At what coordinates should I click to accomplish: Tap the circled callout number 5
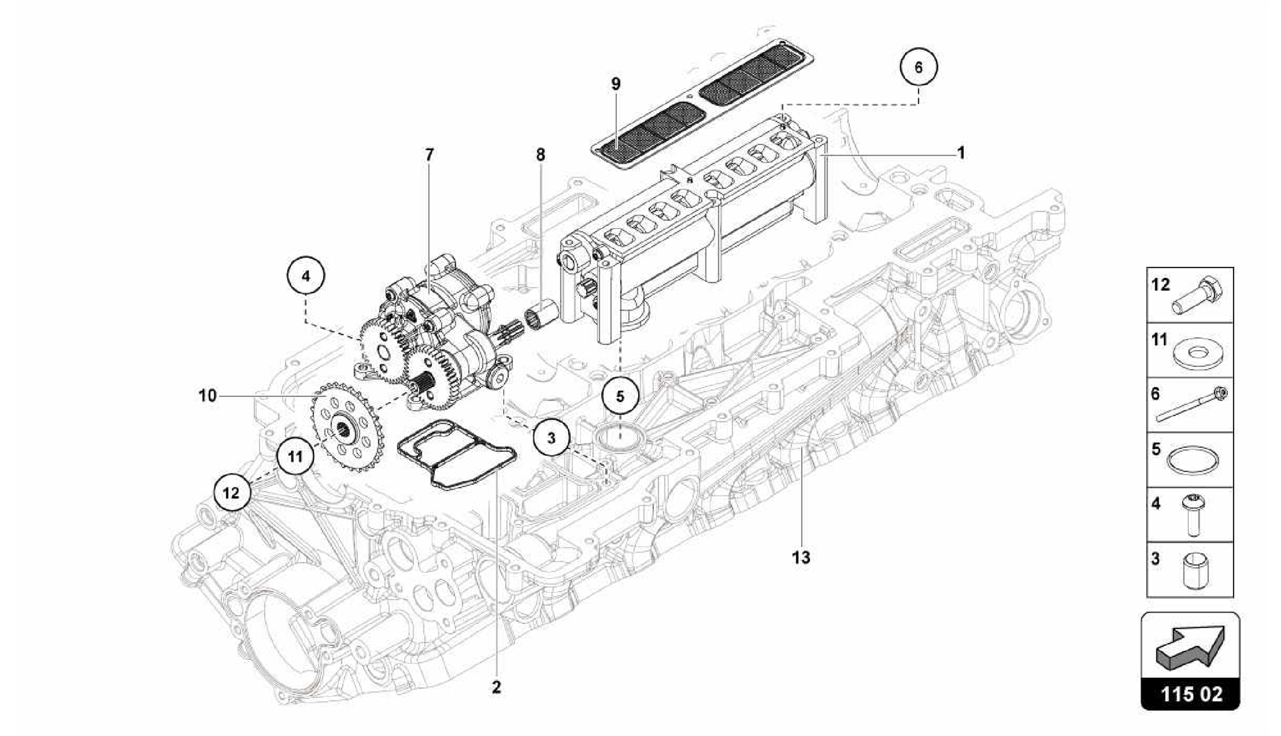coord(620,396)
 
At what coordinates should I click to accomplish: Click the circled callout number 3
coord(551,438)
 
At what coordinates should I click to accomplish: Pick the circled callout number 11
coord(295,456)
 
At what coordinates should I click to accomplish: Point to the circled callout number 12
coord(231,493)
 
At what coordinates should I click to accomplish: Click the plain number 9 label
coord(616,84)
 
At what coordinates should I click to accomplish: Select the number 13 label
coord(801,557)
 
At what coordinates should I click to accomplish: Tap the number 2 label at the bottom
coord(496,687)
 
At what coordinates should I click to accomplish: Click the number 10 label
coord(208,396)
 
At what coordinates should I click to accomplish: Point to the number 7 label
coord(429,154)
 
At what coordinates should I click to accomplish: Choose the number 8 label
coord(540,154)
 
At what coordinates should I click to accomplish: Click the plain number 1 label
coord(961,153)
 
